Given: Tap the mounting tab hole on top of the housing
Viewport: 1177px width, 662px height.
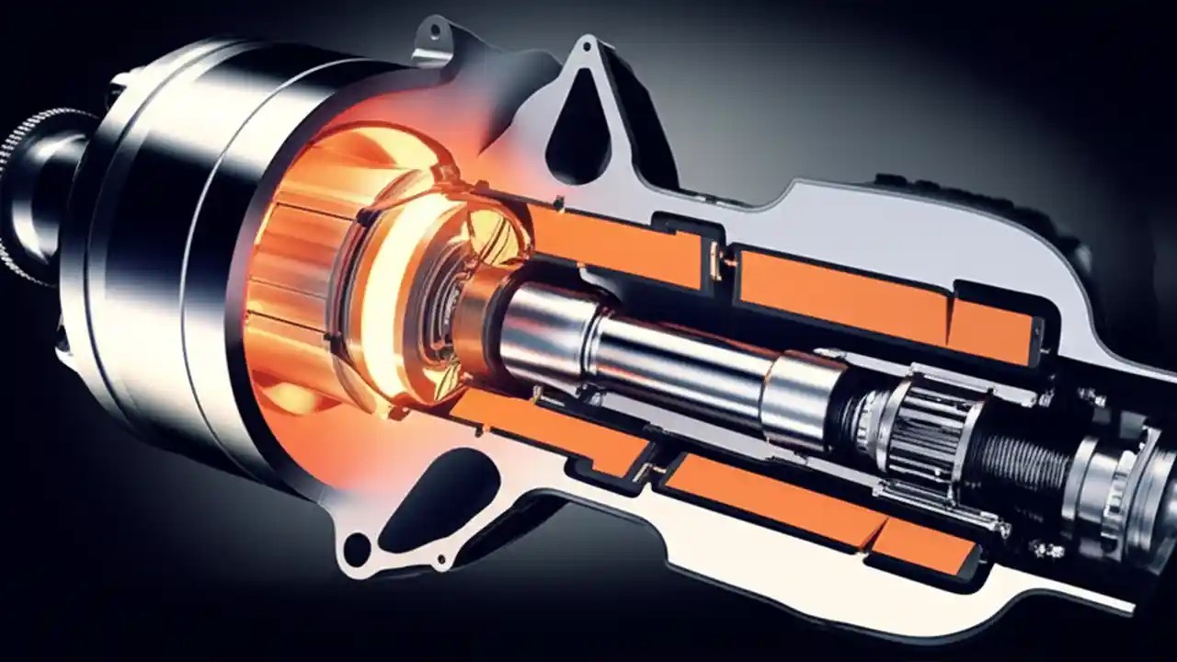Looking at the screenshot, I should [431, 34].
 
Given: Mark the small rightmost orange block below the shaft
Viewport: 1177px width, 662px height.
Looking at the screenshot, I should [924, 543].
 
